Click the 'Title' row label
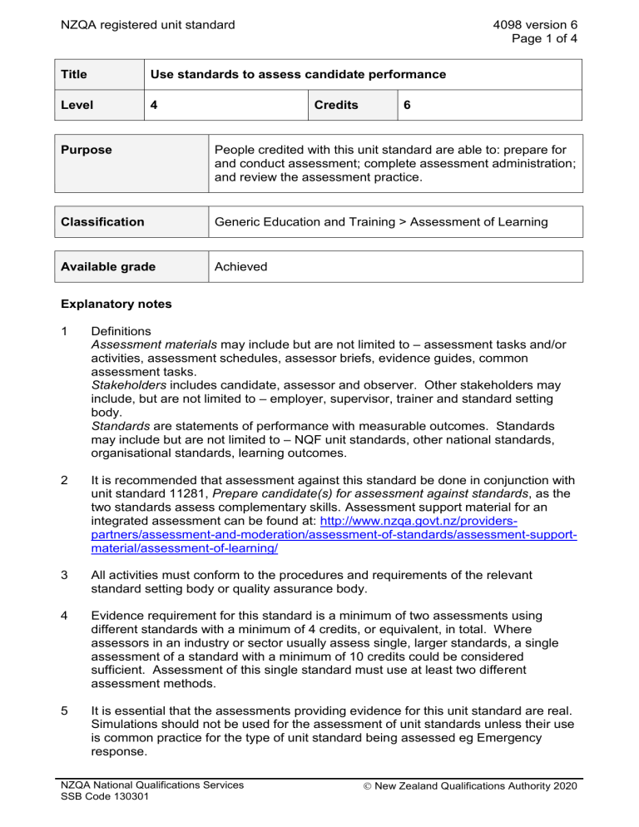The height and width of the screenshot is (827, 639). pyautogui.click(x=77, y=75)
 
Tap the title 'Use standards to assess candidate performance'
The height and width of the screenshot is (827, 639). pyautogui.click(x=298, y=75)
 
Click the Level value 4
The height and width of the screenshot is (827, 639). pyautogui.click(x=154, y=106)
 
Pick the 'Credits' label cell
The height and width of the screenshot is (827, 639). pyautogui.click(x=336, y=106)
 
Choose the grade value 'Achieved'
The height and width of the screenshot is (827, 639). pyautogui.click(x=241, y=266)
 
